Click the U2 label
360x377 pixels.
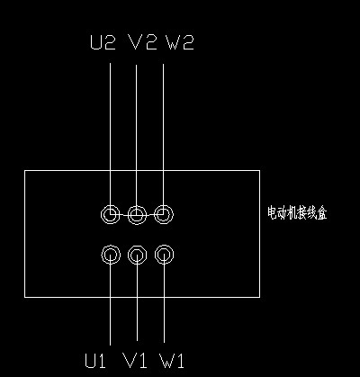click(103, 42)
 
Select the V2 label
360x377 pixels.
click(143, 42)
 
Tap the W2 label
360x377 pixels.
click(180, 42)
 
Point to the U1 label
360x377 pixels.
click(95, 360)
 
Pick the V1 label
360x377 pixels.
click(135, 360)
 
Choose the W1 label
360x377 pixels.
click(172, 361)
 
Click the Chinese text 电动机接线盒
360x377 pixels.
click(297, 213)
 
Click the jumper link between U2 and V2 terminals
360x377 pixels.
click(124, 215)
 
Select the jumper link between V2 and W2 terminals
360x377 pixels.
click(150, 215)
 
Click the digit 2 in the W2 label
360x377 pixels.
click(188, 42)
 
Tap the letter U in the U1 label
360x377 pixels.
click(90, 360)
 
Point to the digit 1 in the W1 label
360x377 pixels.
click(180, 361)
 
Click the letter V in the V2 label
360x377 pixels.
click(136, 42)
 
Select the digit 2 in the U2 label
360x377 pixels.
click(110, 42)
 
